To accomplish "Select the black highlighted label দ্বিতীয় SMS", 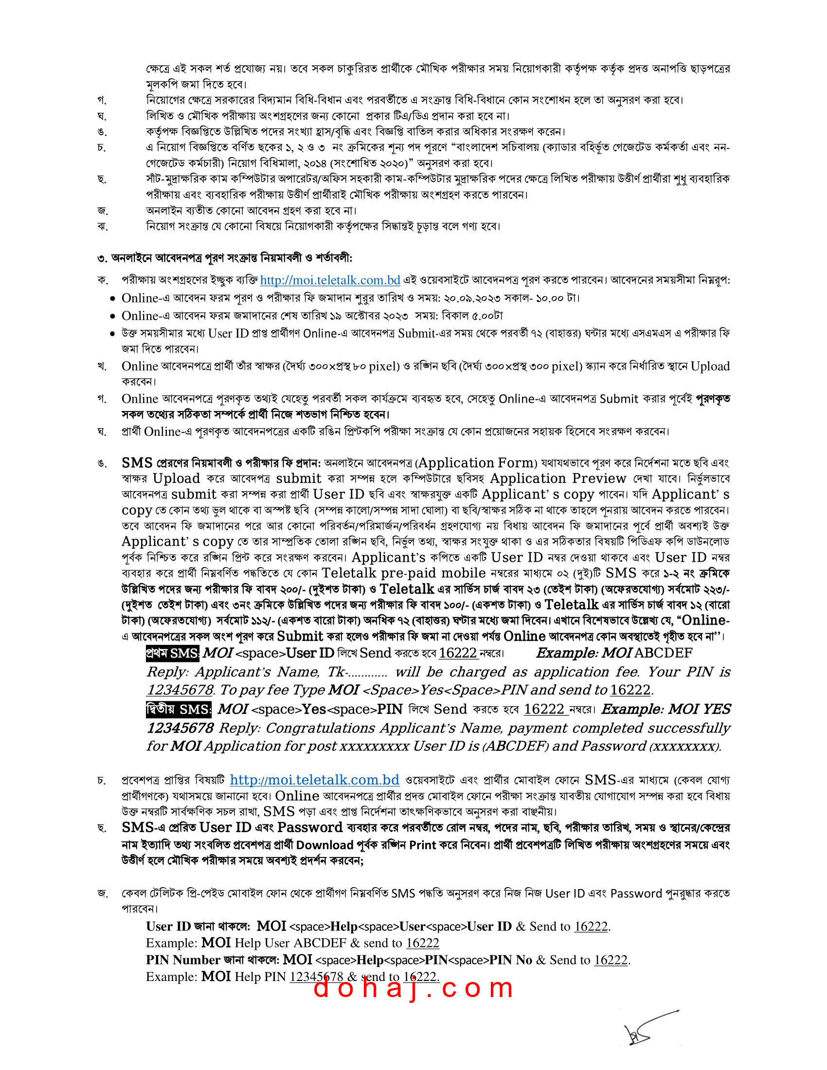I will [179, 710].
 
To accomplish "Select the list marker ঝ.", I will [102, 226].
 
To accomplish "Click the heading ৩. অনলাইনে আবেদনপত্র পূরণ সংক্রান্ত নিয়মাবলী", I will [224, 258].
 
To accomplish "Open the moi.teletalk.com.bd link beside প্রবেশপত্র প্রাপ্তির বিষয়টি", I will [315, 780].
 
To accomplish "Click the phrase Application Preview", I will [558, 479].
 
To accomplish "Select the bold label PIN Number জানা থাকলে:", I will [213, 960].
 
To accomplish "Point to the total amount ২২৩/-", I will [715, 589].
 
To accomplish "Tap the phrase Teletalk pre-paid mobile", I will [403, 573].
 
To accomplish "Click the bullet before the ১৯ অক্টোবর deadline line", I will [113, 317].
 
